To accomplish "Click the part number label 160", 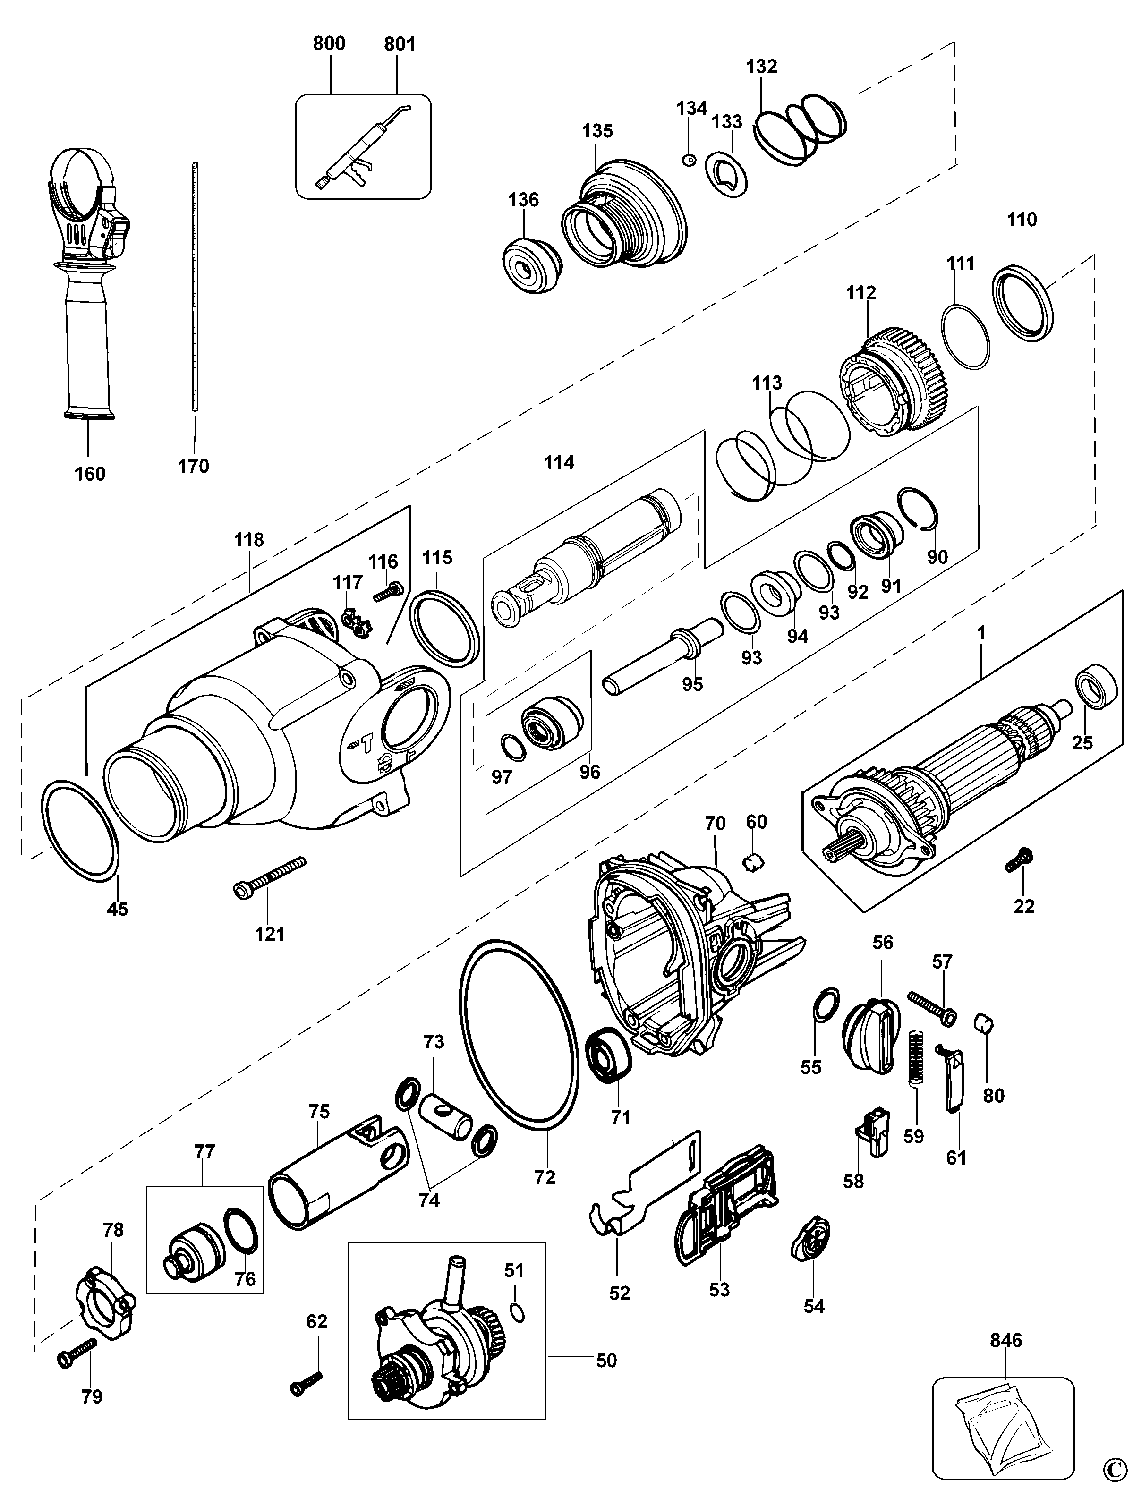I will pyautogui.click(x=90, y=474).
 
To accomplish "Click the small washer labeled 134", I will pyautogui.click(x=689, y=160).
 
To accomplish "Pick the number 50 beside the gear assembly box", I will pyautogui.click(x=606, y=1361).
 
